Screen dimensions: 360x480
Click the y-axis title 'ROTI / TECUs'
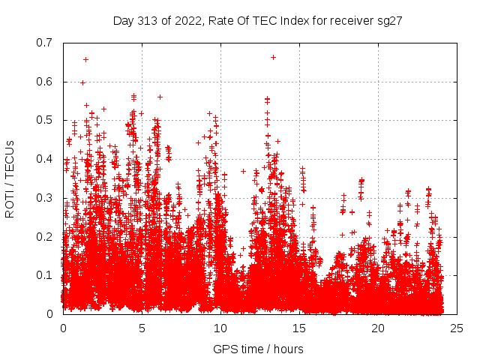(x=10, y=178)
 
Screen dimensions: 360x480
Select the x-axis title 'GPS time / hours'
(x=258, y=349)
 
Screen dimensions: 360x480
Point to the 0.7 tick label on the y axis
(x=44, y=42)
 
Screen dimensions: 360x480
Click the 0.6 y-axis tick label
(x=44, y=81)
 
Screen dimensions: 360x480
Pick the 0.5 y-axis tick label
(x=44, y=120)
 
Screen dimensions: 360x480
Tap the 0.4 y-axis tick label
(x=44, y=159)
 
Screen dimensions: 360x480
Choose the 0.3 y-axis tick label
(x=44, y=198)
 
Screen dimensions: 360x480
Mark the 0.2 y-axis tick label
(x=44, y=236)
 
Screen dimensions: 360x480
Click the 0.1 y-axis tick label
(x=44, y=275)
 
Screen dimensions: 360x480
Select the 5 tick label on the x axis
(x=142, y=328)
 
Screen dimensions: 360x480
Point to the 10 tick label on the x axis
(x=220, y=328)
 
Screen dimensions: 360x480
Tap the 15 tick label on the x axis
(x=299, y=328)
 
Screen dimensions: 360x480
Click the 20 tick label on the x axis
(x=378, y=328)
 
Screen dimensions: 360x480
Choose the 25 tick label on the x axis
(x=457, y=328)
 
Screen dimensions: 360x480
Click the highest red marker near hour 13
(x=273, y=57)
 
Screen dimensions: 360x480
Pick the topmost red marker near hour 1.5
(x=85, y=59)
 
